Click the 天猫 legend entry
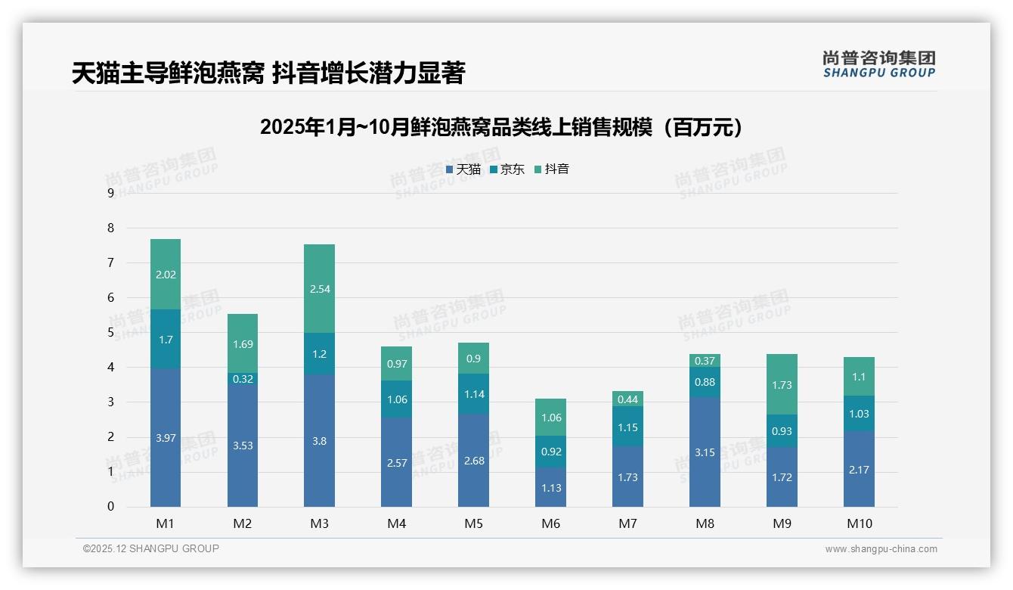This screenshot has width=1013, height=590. coord(463,169)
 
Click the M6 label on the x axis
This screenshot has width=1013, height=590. coord(551,523)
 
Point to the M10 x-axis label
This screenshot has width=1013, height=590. coord(859,523)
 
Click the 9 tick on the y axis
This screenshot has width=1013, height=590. coord(110,193)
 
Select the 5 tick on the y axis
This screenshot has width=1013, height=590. coord(110,332)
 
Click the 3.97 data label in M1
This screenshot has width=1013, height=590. coord(166,438)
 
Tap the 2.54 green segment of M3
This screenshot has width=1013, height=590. coord(319,289)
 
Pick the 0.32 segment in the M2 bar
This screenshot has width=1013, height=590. coord(243,379)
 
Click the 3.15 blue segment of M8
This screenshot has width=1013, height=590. coord(705,452)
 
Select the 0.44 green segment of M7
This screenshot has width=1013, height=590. coord(627,399)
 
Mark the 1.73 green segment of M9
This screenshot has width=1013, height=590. coord(782,385)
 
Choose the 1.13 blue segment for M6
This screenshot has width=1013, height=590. coord(551,488)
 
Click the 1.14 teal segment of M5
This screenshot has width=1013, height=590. coord(473,394)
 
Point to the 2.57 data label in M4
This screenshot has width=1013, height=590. coord(396,463)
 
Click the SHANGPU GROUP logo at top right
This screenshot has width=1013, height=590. coord(878,64)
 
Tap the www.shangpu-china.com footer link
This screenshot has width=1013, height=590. coord(881,549)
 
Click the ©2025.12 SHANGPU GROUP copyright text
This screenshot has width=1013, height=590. coord(151,549)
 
